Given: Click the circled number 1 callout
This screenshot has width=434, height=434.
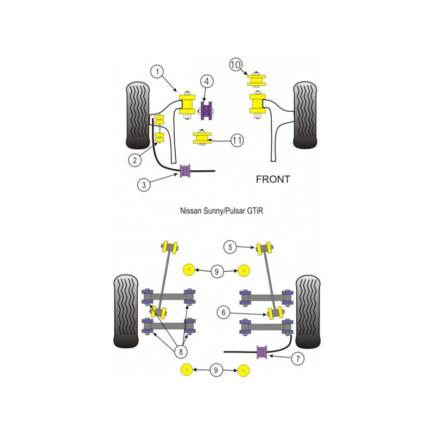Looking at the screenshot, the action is point(157,72).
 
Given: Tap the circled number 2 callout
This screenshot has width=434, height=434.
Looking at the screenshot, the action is point(135,160).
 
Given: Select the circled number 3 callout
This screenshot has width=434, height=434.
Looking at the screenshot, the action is point(144,184).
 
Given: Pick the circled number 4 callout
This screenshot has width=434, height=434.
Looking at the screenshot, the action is point(207,81).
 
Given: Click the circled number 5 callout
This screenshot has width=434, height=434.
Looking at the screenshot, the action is point(230,247).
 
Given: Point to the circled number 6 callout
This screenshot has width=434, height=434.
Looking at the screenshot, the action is point(224,312).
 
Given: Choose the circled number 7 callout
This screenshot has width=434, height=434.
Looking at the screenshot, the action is point(298,359).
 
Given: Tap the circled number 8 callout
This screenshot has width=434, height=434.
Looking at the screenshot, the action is point(181,352).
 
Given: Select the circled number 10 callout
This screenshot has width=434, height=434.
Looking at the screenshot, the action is point(235,65).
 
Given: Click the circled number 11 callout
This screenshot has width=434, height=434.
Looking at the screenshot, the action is point(237,140).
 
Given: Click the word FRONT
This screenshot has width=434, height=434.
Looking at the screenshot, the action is point(273,180).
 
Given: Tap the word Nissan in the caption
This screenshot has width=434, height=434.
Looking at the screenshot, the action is point(191,211).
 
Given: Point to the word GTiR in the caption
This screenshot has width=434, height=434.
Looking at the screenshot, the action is point(255,211).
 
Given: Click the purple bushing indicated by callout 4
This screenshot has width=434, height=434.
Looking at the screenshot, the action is point(207,111).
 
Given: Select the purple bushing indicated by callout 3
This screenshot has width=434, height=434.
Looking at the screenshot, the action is point(185,171).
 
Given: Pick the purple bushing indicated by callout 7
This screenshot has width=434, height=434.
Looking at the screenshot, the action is point(262,352).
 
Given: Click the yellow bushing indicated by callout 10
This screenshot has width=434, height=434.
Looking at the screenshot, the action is point(256,80).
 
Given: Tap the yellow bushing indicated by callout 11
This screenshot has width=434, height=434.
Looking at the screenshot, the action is point(202,138).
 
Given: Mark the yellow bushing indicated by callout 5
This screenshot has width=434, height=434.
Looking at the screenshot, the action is point(264,248).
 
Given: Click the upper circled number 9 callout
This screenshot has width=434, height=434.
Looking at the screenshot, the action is point(216,272).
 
